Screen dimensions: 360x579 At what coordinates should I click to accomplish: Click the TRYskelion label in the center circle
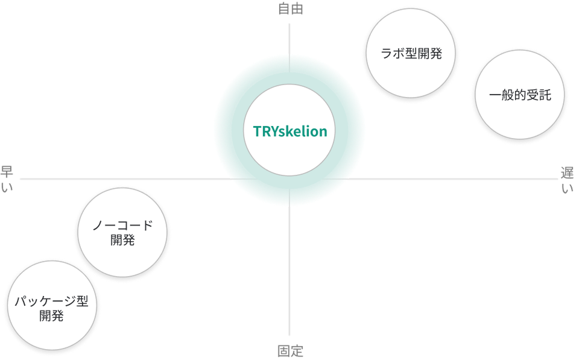click(x=289, y=131)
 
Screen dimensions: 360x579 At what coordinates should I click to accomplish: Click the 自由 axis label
click(x=290, y=8)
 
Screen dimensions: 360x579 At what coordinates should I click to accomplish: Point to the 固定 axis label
click(x=290, y=351)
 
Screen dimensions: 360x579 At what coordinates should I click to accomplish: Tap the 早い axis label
click(x=7, y=180)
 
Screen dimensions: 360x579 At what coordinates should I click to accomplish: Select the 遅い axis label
click(x=568, y=180)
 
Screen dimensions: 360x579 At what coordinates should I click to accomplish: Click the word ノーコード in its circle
click(x=122, y=226)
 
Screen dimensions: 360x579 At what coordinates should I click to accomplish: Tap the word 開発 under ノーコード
click(x=122, y=241)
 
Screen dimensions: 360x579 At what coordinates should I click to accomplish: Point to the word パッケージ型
click(x=51, y=300)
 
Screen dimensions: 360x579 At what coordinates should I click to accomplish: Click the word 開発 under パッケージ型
click(x=51, y=315)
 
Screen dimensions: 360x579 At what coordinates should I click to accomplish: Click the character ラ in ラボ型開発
click(x=387, y=54)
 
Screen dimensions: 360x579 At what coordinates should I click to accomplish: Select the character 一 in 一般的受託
click(x=495, y=96)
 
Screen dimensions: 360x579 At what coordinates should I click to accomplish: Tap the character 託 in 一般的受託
click(x=544, y=96)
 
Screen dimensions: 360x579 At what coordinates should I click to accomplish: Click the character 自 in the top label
click(x=283, y=8)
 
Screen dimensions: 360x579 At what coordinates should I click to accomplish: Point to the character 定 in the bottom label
click(x=297, y=351)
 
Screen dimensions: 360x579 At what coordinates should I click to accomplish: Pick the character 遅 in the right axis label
click(x=568, y=172)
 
